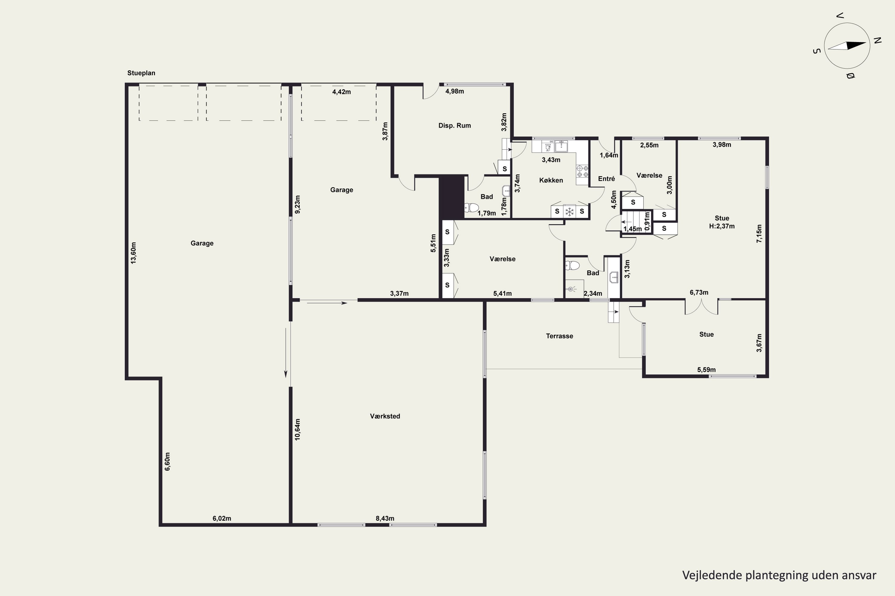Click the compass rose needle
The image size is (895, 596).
click(x=847, y=46)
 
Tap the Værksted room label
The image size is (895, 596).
click(x=385, y=416)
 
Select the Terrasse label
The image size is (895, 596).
click(x=559, y=336)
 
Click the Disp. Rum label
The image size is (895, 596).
click(x=454, y=125)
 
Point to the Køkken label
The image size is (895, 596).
click(x=551, y=180)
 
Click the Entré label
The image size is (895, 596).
click(x=606, y=179)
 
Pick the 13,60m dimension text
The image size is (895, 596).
click(x=133, y=253)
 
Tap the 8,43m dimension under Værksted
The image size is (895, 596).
click(x=385, y=519)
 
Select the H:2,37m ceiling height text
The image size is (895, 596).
click(x=722, y=226)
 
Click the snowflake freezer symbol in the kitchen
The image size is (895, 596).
click(x=569, y=212)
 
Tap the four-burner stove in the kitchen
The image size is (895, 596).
click(x=582, y=171)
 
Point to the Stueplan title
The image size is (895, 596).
click(x=141, y=73)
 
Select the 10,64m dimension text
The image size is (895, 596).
click(x=297, y=429)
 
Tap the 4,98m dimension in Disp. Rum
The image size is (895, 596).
click(x=454, y=91)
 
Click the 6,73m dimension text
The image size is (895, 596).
click(x=699, y=292)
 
